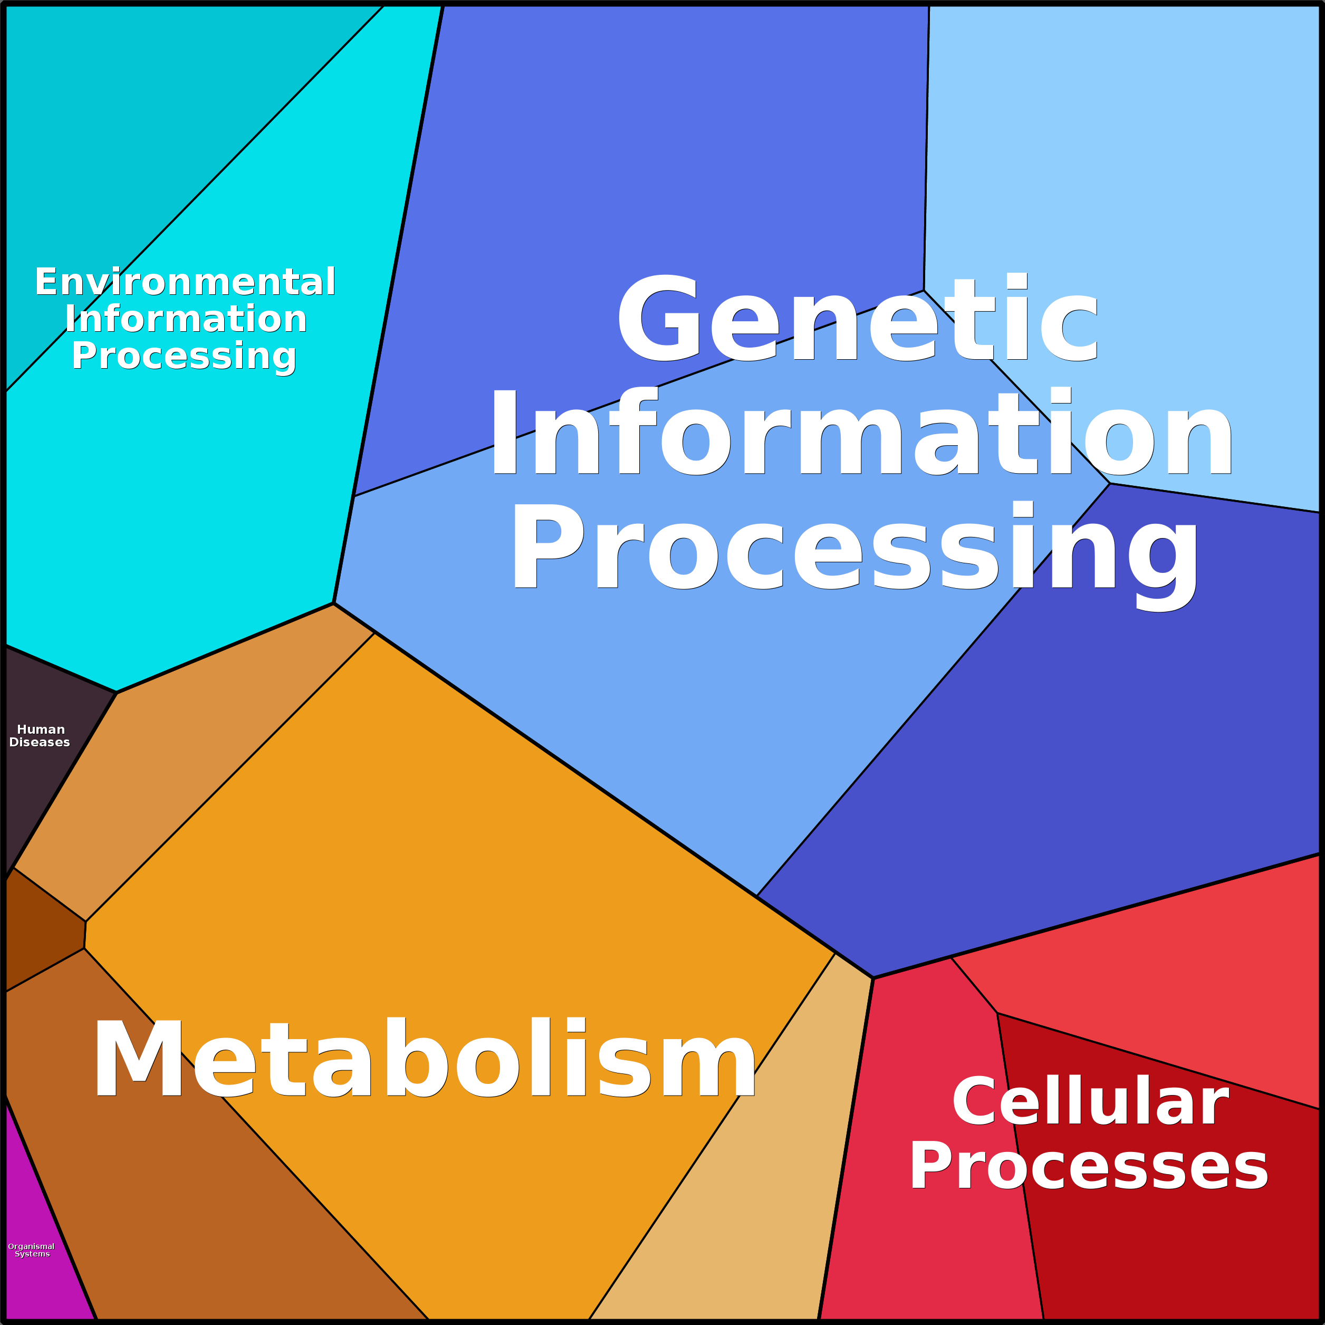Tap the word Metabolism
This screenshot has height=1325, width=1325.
424,1060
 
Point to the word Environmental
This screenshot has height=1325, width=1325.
185,282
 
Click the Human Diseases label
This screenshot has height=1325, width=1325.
40,736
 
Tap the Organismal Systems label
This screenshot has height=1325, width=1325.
31,1250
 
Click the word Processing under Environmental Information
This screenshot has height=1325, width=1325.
184,356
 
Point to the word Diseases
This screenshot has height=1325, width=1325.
40,743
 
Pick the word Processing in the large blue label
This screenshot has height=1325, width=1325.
854,549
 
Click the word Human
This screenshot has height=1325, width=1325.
41,729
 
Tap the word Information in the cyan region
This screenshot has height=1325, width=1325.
186,320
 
